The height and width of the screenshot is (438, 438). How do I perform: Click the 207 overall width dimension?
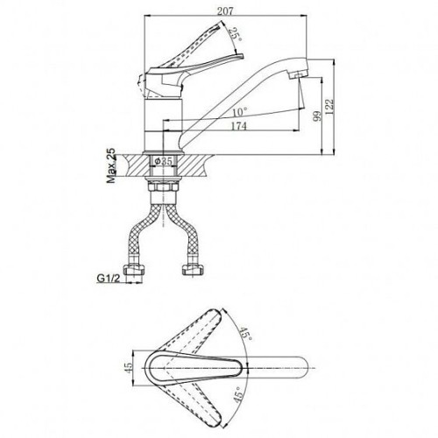point(225,11)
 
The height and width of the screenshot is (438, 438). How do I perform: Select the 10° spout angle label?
point(240,111)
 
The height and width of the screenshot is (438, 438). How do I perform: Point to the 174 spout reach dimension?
point(239,126)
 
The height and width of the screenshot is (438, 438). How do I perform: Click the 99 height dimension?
point(317,116)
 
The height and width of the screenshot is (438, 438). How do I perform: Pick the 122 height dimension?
point(329,106)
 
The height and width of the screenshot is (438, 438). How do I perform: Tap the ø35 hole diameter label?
point(164,161)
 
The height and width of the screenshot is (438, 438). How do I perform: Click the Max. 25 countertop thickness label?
point(111,166)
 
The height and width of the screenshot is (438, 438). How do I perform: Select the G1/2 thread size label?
point(109,279)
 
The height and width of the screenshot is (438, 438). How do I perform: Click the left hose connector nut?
point(134,270)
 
